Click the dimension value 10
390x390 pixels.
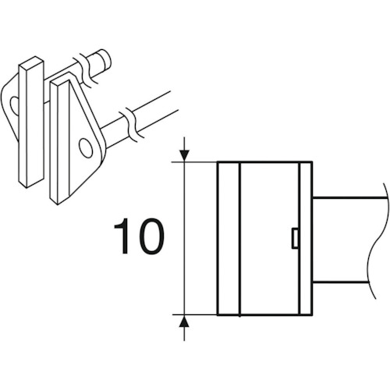(139, 236)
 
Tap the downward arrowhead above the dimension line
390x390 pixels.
(184, 156)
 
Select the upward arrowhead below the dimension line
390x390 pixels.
(184, 321)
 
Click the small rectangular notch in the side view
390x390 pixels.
(295, 238)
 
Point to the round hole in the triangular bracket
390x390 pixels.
(86, 148)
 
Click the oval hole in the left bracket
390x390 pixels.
(14, 106)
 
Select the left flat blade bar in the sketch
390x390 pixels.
(31, 122)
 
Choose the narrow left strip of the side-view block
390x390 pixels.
(229, 239)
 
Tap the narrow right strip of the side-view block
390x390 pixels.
(306, 239)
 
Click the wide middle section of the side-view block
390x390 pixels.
(270, 239)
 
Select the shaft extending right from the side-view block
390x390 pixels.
(346, 240)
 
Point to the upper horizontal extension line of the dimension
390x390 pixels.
(194, 162)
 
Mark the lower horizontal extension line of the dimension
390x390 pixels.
(194, 315)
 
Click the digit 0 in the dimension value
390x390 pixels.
(151, 236)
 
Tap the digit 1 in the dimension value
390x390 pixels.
(123, 236)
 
